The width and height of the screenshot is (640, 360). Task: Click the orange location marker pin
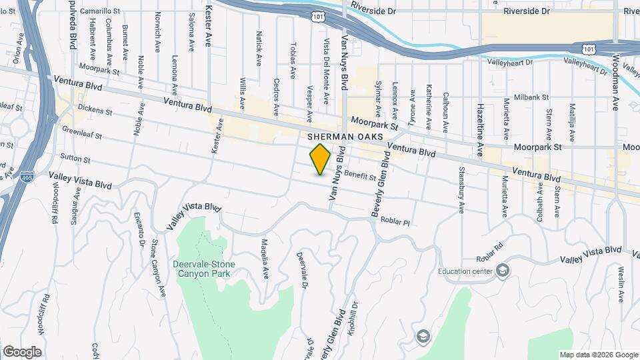coord(321,159)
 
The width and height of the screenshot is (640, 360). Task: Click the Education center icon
coord(503,271)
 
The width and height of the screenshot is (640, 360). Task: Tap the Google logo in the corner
coord(21,351)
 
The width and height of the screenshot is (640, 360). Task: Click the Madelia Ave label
coord(265,259)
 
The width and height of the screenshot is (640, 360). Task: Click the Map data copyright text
coord(598,355)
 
